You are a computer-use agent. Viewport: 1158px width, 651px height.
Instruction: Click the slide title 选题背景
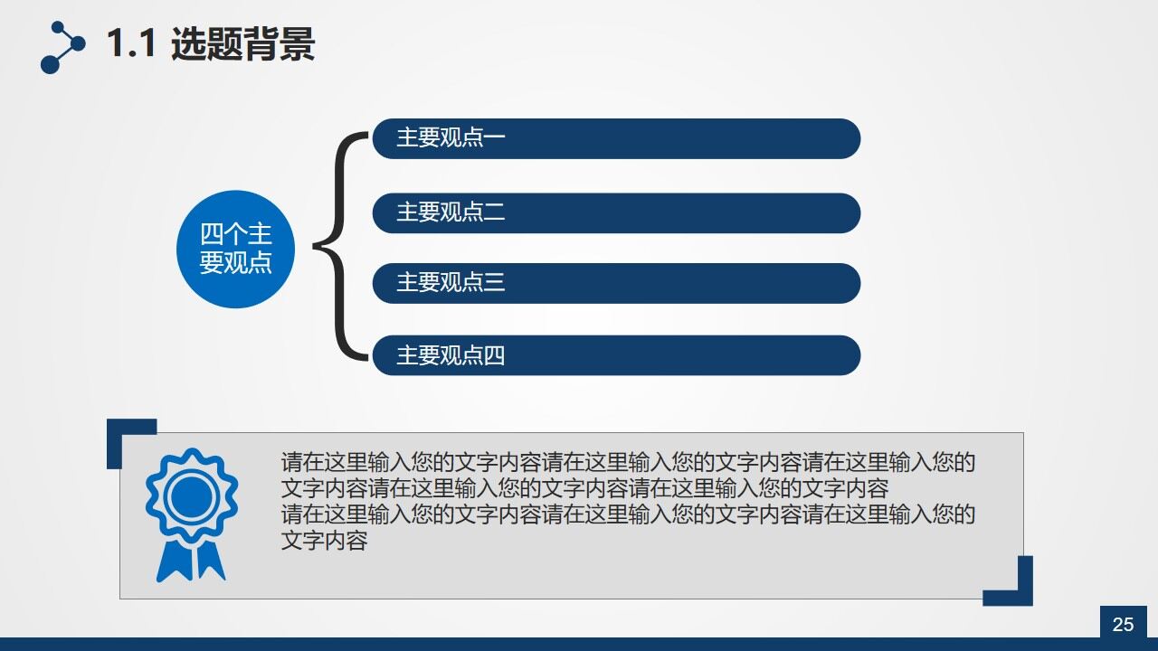click(x=242, y=43)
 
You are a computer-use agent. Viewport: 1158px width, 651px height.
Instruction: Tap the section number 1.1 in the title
click(x=132, y=43)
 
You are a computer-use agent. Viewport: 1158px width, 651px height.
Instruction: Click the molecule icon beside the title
click(x=62, y=47)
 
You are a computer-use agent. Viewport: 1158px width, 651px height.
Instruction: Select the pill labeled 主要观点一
click(x=616, y=138)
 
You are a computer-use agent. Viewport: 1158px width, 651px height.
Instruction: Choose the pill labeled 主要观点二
click(x=616, y=212)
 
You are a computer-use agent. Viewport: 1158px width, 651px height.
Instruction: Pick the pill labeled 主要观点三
click(x=616, y=283)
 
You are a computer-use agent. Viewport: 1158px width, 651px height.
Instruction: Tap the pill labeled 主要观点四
click(x=616, y=355)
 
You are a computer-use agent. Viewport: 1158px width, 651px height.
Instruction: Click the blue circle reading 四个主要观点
click(x=235, y=249)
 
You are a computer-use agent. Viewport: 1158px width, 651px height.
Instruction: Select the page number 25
click(x=1123, y=624)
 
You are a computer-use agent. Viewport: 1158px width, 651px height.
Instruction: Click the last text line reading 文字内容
click(x=324, y=542)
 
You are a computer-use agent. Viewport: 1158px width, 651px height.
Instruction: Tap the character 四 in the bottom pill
click(x=494, y=355)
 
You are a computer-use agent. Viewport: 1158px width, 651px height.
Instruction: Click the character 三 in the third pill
click(x=494, y=283)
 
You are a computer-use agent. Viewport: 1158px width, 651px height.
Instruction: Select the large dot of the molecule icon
click(x=50, y=63)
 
